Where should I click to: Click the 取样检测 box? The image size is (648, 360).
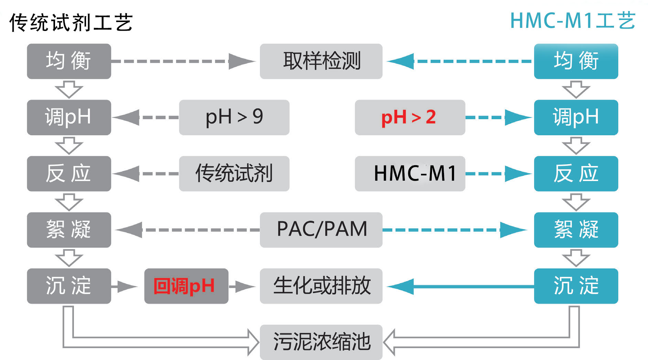[321, 61]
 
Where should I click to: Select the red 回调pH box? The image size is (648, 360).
[186, 286]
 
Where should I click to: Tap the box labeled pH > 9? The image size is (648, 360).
[234, 117]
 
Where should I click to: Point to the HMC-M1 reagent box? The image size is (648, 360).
[410, 173]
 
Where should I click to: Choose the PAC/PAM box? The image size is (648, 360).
[321, 230]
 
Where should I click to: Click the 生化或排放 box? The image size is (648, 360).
[321, 286]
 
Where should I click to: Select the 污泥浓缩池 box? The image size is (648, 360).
[321, 342]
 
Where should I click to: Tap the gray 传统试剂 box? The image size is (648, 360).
[234, 173]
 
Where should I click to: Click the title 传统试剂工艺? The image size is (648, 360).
[71, 23]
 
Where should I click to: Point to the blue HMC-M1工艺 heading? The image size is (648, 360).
[572, 21]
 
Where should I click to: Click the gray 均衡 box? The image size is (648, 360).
[69, 61]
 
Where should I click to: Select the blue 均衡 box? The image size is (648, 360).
[576, 61]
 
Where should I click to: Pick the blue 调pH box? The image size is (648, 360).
[576, 117]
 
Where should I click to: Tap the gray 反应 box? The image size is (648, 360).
[69, 173]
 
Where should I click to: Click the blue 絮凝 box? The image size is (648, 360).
[576, 230]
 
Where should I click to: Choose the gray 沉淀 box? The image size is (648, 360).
[69, 286]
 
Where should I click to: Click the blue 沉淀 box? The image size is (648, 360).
[576, 286]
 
